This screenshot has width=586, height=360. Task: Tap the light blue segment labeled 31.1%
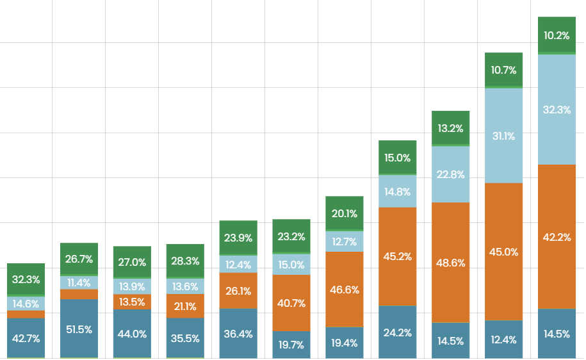click(504, 135)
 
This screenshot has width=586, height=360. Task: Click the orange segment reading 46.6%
click(345, 290)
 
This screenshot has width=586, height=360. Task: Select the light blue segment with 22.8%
click(451, 174)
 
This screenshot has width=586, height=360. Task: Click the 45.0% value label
click(504, 252)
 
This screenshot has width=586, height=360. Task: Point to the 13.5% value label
click(133, 302)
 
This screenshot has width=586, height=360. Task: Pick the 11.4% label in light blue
click(79, 282)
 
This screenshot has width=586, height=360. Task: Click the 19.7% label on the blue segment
click(291, 345)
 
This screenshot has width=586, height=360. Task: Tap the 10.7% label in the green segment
click(504, 70)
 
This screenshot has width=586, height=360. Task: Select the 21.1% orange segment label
click(185, 306)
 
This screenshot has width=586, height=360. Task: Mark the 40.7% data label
click(291, 303)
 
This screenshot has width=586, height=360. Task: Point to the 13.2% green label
click(451, 128)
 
